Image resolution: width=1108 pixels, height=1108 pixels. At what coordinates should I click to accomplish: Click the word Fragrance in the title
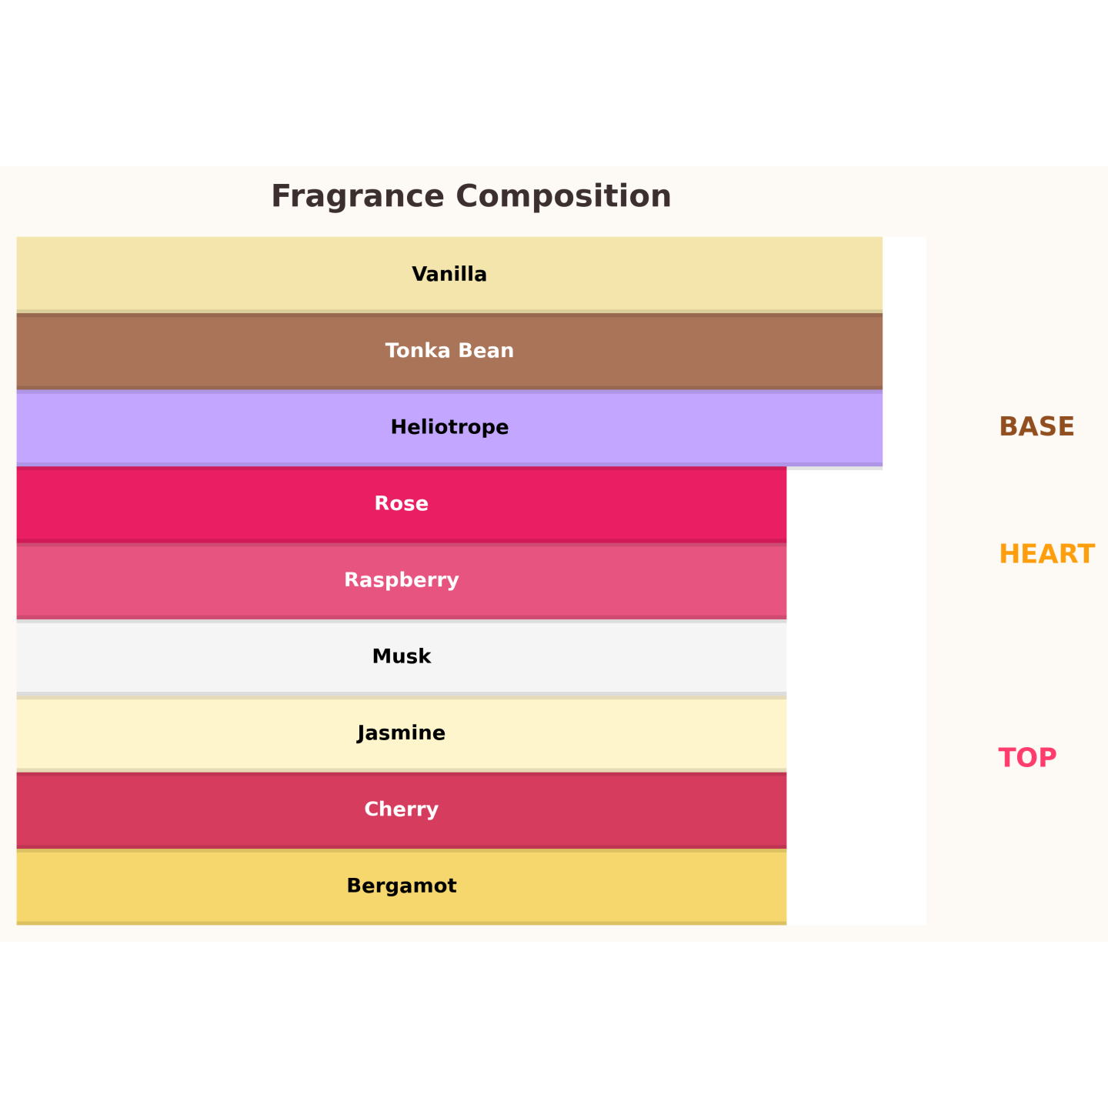point(357,197)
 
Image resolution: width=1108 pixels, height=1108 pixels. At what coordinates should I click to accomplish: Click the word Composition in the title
point(563,197)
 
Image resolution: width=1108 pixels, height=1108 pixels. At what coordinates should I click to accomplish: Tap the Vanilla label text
point(449,274)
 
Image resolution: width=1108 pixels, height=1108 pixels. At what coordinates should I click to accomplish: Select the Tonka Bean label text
point(449,351)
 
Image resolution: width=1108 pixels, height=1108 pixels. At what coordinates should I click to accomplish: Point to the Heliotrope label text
point(449,427)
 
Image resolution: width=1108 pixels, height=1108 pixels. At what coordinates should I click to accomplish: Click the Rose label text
point(402,504)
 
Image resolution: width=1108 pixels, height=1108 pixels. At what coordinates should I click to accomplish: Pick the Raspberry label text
point(402,580)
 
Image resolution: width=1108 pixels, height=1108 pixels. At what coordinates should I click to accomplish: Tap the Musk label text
point(402,656)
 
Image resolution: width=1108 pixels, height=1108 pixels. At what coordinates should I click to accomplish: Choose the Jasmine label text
point(402,733)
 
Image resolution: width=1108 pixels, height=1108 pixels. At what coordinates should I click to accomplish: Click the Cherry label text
point(402,809)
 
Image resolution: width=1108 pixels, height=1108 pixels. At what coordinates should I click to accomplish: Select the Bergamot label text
point(402,886)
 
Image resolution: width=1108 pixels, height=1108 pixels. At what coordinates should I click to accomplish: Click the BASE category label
point(1036,426)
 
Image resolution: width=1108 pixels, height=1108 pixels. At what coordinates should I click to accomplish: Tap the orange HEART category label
point(1046,554)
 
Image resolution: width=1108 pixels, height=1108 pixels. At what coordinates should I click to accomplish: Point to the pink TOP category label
point(1027,758)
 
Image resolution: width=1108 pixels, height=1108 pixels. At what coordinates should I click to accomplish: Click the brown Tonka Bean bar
point(449,352)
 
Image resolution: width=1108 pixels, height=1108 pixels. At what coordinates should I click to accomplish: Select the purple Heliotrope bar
point(449,428)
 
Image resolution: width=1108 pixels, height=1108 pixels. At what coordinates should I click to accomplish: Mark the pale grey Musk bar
point(402,657)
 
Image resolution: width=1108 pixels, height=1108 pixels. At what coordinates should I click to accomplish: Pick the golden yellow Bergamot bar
point(402,886)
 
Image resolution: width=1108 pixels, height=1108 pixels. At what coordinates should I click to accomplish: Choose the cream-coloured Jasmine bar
point(402,734)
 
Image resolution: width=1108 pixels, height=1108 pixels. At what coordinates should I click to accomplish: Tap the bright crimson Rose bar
point(402,504)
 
